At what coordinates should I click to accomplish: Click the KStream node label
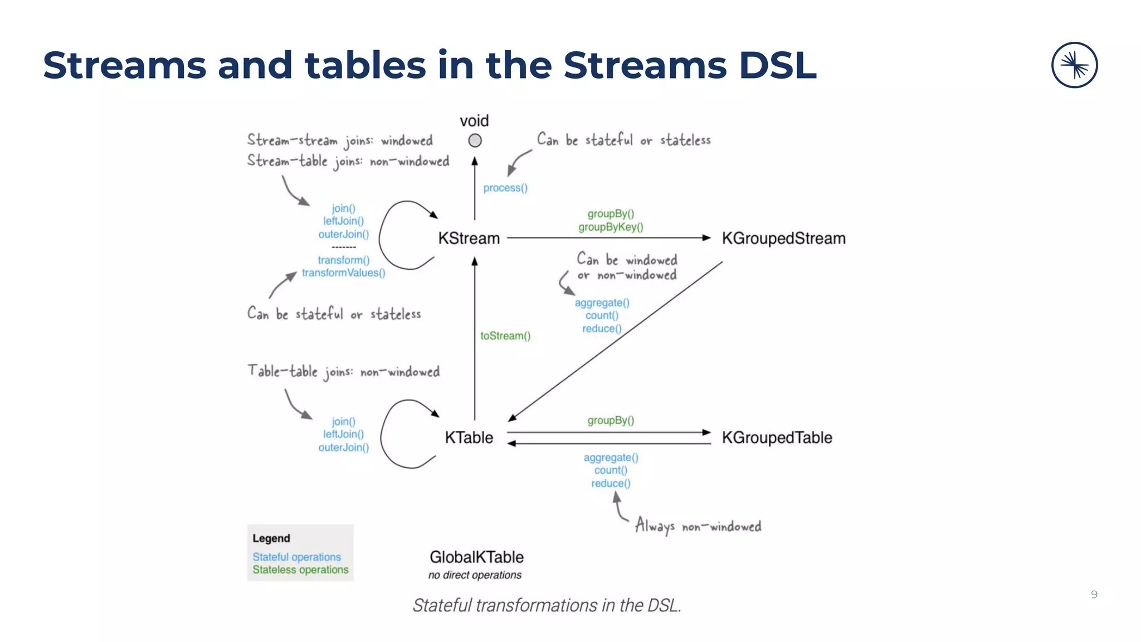point(469,239)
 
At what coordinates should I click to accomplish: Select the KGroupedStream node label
point(783,239)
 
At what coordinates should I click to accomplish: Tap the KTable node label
point(469,437)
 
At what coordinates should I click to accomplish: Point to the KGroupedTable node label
point(777,437)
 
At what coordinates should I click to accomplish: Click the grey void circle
point(475,141)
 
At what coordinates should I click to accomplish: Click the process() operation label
point(505,188)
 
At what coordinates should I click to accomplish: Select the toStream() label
point(505,335)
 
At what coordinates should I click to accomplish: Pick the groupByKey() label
point(611,227)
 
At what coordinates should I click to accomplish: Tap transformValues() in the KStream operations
point(343,273)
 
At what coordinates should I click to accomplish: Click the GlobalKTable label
point(476,557)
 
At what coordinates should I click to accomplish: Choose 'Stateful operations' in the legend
point(296,557)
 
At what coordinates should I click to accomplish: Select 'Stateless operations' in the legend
point(300,570)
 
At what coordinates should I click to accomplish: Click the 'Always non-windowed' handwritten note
point(698,526)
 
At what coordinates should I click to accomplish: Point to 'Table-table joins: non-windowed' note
point(343,371)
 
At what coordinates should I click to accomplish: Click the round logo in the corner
point(1074,65)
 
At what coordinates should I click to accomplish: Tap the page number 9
point(1094,595)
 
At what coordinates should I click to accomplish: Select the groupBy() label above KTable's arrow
point(611,420)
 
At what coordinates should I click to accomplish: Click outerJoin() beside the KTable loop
point(343,448)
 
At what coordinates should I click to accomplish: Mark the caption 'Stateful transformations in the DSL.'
point(547,605)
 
